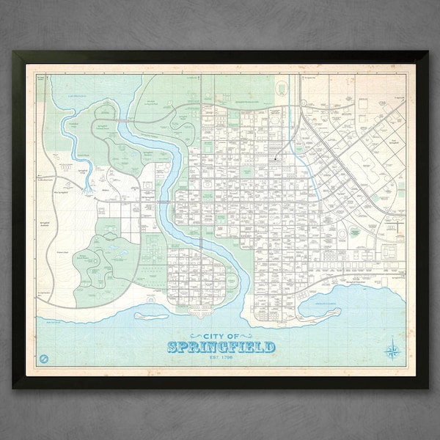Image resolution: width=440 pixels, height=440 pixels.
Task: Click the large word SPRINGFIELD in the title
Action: pos(221,347)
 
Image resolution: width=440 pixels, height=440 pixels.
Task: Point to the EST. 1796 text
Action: pos(221,358)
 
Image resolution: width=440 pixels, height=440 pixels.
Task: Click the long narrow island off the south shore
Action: pos(151,317)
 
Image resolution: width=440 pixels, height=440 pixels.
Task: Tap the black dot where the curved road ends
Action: pos(276,157)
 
